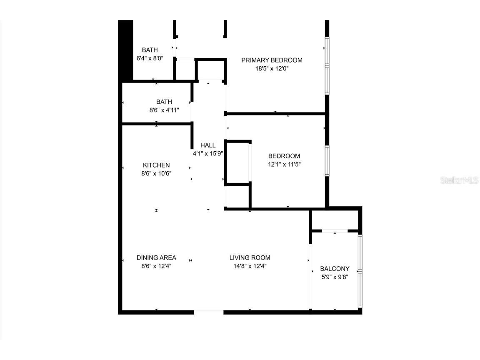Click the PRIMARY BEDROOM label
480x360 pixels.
click(x=272, y=60)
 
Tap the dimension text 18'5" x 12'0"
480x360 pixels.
click(x=272, y=69)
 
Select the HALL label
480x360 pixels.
click(x=208, y=145)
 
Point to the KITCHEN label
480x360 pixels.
click(x=156, y=165)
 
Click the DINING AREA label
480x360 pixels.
click(x=156, y=257)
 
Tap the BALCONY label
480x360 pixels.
click(x=335, y=269)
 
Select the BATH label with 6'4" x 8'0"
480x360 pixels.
click(x=150, y=50)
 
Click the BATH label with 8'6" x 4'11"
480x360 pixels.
click(x=164, y=102)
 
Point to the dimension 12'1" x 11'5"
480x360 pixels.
click(x=284, y=165)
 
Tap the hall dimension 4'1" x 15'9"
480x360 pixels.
click(x=208, y=153)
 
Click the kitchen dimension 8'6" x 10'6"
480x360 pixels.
click(x=156, y=173)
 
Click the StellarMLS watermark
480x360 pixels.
click(x=460, y=180)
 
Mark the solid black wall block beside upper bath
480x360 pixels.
click(x=125, y=50)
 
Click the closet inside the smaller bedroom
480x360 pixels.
click(x=237, y=162)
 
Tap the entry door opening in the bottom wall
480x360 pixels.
click(x=209, y=311)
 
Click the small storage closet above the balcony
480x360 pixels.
click(x=335, y=220)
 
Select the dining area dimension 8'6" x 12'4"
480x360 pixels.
click(x=156, y=266)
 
